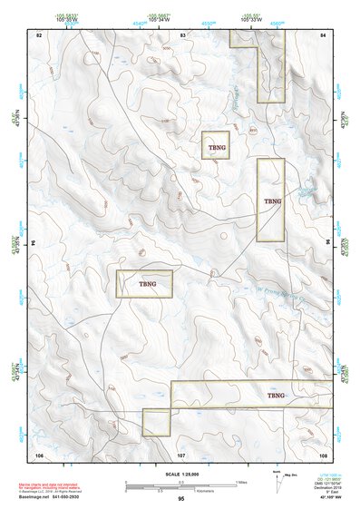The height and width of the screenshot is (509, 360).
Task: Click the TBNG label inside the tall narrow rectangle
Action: (x=271, y=200)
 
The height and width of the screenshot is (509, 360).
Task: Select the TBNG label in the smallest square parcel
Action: (x=216, y=145)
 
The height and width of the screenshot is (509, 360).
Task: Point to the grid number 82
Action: (x=38, y=34)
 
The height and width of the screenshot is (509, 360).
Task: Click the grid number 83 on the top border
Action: (x=183, y=34)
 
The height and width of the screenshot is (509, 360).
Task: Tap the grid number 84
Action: (x=324, y=34)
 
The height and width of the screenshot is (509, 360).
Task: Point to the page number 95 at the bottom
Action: (x=181, y=499)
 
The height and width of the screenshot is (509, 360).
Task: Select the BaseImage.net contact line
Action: (x=65, y=498)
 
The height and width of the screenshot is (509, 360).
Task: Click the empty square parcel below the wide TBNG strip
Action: (x=157, y=422)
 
